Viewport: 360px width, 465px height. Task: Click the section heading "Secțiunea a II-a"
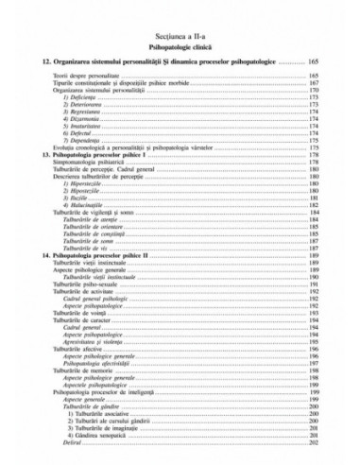click(x=180, y=32)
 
